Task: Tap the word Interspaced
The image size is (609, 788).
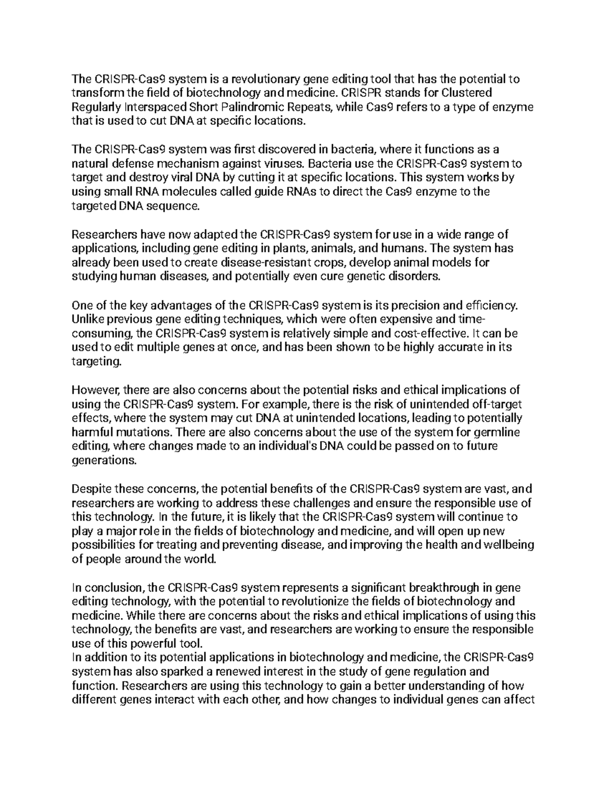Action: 155,107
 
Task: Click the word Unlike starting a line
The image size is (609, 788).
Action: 87,319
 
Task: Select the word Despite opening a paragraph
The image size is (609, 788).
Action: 91,489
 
